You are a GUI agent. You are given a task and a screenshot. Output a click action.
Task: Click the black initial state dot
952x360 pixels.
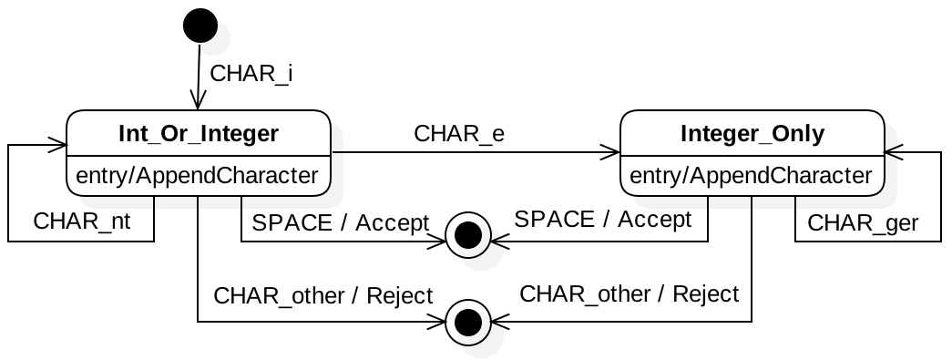[200, 26]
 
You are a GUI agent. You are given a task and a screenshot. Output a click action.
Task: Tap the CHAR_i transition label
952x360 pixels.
[251, 74]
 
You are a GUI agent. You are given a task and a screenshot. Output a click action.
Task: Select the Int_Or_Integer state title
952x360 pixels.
[199, 133]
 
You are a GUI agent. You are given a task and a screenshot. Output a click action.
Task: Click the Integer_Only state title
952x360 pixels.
[752, 133]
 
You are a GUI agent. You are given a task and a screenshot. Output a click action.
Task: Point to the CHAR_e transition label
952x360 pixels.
[459, 134]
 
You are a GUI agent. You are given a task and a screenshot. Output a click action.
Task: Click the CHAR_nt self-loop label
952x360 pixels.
[81, 221]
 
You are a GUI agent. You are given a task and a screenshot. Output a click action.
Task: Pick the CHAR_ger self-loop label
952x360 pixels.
[863, 223]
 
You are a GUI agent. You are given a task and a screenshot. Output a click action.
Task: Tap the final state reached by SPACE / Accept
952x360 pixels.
[467, 235]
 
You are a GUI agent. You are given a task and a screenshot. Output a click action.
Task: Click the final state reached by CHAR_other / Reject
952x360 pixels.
[467, 323]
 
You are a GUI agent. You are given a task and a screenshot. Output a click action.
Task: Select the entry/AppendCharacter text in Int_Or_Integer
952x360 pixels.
[198, 176]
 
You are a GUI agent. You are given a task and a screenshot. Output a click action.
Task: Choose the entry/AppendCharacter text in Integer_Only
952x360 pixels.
[751, 176]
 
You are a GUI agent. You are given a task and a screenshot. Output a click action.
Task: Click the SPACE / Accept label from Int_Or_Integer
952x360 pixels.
[341, 222]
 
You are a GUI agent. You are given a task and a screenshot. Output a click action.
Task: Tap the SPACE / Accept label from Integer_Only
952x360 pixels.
[603, 219]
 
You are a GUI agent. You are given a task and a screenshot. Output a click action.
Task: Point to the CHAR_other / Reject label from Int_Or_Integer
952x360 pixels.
[323, 295]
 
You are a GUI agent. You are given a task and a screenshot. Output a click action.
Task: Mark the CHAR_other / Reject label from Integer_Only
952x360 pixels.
[629, 293]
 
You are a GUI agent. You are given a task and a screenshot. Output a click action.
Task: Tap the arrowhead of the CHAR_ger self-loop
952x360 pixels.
[894, 152]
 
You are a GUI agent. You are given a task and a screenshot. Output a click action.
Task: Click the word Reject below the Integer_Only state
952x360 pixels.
[706, 294]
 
